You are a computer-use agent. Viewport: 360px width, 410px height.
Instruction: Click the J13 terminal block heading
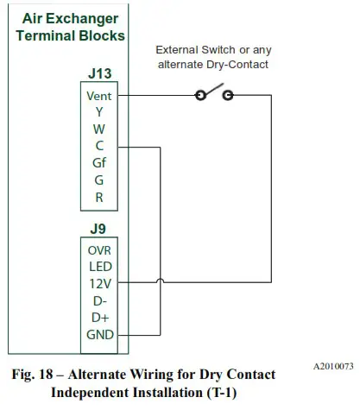98,74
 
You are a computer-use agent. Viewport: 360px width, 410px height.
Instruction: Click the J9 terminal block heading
98,230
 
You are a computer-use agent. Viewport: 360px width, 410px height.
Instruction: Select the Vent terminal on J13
98,96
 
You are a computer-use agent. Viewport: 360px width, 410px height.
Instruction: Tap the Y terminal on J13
98,112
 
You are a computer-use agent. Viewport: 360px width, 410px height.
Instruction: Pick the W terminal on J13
98,129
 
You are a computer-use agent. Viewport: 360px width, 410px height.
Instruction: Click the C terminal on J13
98,145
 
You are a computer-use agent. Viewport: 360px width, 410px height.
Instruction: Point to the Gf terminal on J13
98,161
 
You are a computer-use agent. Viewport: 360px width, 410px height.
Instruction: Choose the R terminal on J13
98,195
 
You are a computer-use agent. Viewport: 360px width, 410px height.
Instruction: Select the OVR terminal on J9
98,250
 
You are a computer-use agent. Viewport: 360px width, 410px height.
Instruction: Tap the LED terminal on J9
98,267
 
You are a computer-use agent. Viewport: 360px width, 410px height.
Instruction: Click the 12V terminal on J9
98,283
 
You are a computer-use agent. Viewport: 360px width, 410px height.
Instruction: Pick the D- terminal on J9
98,300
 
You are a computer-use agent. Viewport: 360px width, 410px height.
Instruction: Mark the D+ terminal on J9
98,316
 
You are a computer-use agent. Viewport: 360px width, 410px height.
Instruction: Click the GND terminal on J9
98,334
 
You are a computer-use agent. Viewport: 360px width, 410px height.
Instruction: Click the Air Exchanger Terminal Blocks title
70,27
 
